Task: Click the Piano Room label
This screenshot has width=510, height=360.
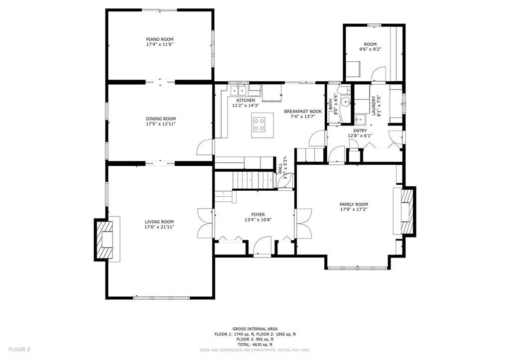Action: (x=159, y=39)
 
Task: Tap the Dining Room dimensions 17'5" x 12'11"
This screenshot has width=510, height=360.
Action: (x=160, y=124)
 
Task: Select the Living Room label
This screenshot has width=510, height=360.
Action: (x=159, y=222)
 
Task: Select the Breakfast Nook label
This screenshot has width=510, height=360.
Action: (x=303, y=112)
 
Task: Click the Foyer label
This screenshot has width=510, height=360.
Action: (x=258, y=214)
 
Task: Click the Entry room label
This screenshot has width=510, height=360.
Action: (x=360, y=130)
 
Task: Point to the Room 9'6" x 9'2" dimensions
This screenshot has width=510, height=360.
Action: (x=370, y=49)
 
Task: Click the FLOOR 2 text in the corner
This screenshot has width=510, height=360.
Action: (x=19, y=349)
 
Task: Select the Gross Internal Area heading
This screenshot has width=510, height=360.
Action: (x=255, y=329)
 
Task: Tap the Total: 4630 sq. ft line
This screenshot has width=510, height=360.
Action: (x=255, y=345)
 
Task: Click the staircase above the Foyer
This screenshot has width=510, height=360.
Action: (x=254, y=179)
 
